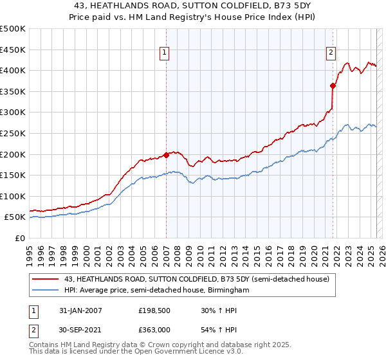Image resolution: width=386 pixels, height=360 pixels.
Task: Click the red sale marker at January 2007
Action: point(166,154)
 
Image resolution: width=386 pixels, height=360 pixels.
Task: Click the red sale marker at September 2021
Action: point(333,85)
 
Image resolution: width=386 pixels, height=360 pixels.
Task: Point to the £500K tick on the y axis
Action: point(13,29)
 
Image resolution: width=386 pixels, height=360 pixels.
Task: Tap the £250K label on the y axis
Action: point(13,133)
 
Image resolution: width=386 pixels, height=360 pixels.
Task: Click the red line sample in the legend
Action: point(46,279)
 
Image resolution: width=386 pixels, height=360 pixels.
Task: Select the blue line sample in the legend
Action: point(46,291)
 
